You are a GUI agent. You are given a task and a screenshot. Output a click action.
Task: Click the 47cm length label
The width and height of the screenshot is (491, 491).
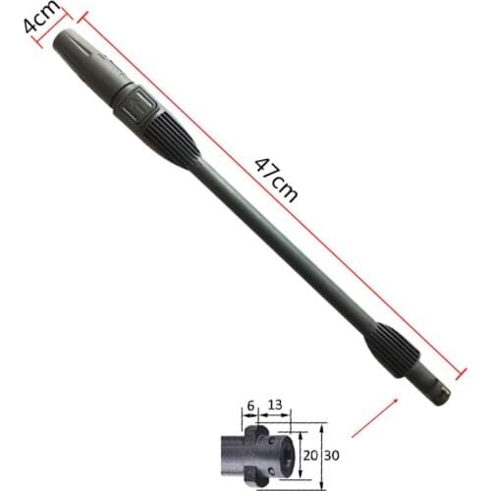[x=276, y=178]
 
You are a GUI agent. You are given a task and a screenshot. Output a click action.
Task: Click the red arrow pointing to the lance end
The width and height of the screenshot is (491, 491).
[x=374, y=417]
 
